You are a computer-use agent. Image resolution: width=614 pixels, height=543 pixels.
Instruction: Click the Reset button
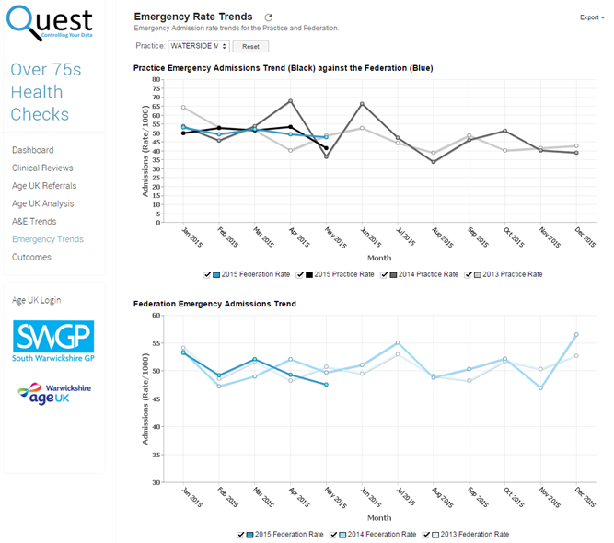coord(250,46)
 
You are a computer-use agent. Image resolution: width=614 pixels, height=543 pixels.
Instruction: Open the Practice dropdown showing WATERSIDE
coord(199,46)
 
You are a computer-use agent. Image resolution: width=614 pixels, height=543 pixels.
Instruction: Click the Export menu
coord(592,17)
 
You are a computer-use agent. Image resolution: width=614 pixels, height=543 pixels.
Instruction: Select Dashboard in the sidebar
coord(32,150)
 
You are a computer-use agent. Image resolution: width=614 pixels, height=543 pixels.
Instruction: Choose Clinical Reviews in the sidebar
coord(42,168)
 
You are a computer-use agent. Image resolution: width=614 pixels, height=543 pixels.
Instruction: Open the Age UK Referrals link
coord(44,186)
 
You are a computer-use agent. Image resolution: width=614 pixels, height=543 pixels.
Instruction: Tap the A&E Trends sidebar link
coord(34,221)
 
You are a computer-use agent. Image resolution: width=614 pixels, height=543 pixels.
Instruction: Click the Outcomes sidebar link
coord(32,257)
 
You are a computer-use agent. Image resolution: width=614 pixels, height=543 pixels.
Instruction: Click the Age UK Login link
coord(36,300)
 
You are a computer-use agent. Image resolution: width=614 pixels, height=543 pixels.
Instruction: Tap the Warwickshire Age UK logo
coord(52,393)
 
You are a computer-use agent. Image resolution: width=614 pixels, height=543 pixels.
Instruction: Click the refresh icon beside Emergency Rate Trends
coord(269,17)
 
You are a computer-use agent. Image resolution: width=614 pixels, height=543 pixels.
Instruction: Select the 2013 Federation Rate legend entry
coord(430,534)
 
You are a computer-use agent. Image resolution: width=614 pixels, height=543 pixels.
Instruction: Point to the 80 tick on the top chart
coord(157,79)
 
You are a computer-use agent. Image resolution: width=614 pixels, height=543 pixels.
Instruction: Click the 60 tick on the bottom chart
coord(157,315)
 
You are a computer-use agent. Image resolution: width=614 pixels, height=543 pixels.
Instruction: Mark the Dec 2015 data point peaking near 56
coord(576,335)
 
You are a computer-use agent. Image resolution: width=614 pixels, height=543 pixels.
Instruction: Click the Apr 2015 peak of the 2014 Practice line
coord(291,101)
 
